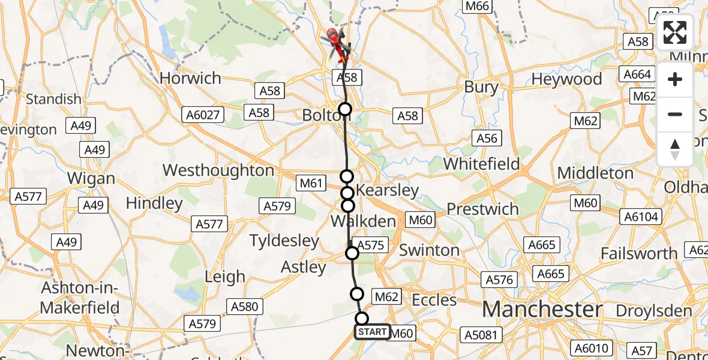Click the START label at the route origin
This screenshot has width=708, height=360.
coord(373,332)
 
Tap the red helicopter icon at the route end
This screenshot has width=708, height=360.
coord(337,44)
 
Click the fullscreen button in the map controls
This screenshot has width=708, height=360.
coord(675,32)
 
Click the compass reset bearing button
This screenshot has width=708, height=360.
coord(675,149)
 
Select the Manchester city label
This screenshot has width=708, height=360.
coord(542,310)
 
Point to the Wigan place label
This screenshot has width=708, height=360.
coord(91,178)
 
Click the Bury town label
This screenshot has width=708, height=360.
coord(482,87)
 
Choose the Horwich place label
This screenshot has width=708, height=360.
coord(191,78)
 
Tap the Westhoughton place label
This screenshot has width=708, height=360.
coord(218,170)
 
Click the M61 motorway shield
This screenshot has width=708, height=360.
coord(311,182)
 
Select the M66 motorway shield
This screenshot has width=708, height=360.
coord(478,7)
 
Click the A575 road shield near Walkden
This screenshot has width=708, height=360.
coord(370,245)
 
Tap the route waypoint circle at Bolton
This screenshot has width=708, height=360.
coord(345,109)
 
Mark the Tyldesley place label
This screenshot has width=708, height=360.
coord(284,241)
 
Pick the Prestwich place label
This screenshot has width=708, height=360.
coord(483,209)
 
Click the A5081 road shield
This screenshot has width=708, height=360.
coord(481,334)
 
